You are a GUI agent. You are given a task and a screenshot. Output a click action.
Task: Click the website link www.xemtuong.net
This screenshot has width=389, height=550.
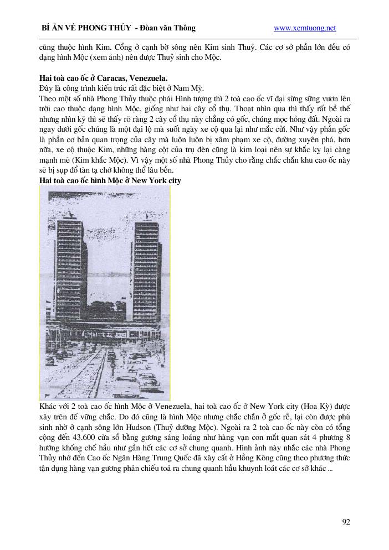click(x=305, y=28)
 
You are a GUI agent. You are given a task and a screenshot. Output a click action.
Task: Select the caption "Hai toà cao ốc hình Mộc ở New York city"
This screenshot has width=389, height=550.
click(x=110, y=181)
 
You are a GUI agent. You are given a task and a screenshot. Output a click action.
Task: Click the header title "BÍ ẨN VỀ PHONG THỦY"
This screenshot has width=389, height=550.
click(x=86, y=28)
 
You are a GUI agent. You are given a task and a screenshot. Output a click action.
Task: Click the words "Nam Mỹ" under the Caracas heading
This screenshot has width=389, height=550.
click(x=191, y=88)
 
